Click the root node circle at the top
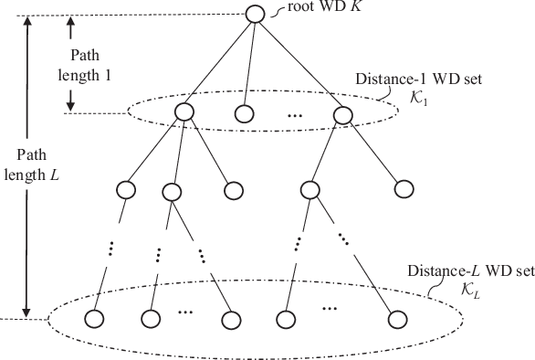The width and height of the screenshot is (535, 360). pos(257,14)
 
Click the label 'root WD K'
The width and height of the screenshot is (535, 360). pos(309,11)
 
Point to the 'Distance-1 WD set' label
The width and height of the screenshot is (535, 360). pos(416,79)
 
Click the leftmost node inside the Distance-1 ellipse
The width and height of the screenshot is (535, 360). pos(183,113)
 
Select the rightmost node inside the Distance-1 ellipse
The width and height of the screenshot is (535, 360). pos(342,113)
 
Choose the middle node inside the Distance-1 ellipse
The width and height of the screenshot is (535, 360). pos(243,114)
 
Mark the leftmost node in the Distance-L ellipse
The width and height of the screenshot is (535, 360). pos(92,320)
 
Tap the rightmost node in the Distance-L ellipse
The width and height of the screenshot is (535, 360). pos(394,320)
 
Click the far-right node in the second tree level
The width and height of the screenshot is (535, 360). pos(403,189)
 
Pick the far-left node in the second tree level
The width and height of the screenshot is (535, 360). pos(125,190)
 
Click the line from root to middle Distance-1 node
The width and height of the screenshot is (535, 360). pos(249,64)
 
